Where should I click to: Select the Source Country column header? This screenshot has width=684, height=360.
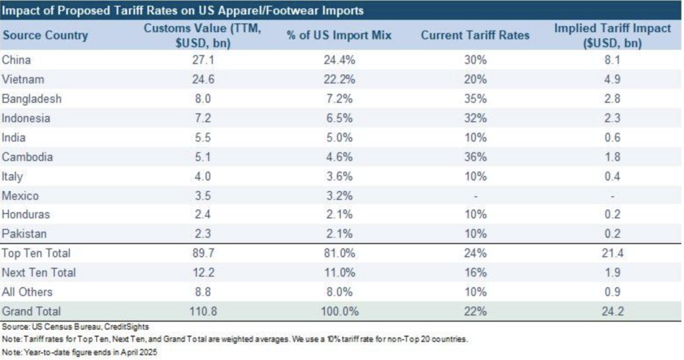tap(45, 35)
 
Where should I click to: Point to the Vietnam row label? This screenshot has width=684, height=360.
tap(24, 79)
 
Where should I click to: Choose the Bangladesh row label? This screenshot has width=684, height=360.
tap(32, 99)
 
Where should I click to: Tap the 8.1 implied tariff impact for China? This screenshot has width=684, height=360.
tap(613, 60)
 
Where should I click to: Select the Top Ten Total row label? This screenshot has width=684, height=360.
tap(37, 253)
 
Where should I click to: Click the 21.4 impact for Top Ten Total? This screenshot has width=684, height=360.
tap(613, 253)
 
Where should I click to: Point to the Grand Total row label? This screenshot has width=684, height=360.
tap(32, 311)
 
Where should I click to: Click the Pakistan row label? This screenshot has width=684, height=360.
tap(26, 234)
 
